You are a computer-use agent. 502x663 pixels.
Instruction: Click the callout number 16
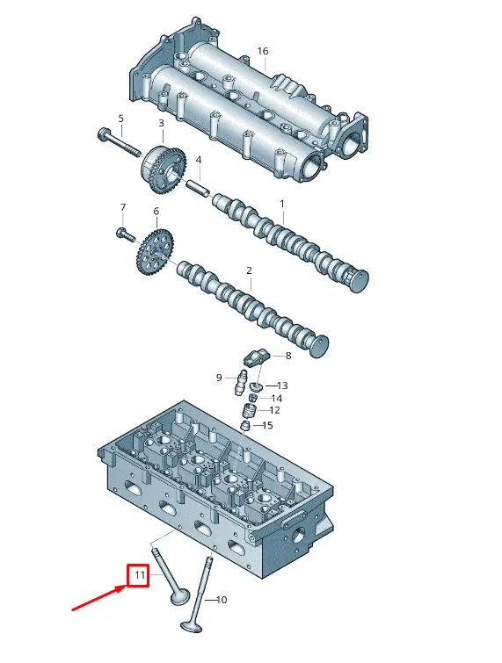(x=262, y=51)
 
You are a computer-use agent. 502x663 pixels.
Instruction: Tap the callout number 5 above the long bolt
(x=120, y=119)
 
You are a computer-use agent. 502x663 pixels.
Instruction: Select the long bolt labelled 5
(x=119, y=142)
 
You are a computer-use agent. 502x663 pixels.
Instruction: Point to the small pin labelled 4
(x=198, y=188)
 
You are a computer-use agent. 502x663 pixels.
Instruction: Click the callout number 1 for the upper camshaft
(x=282, y=204)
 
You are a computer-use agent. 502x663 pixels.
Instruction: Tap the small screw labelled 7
(x=126, y=234)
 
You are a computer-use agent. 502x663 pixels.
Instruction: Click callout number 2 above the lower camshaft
(x=249, y=270)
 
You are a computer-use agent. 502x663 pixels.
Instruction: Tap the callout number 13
(x=282, y=386)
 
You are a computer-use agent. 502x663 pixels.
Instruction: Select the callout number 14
(x=277, y=399)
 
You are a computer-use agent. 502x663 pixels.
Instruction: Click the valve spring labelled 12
(x=250, y=411)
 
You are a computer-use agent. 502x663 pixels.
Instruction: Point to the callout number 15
(x=267, y=425)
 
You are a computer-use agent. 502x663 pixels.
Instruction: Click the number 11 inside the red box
(x=140, y=575)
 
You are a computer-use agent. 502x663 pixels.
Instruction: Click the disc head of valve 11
(x=180, y=598)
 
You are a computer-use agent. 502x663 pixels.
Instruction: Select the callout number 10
(x=222, y=600)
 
